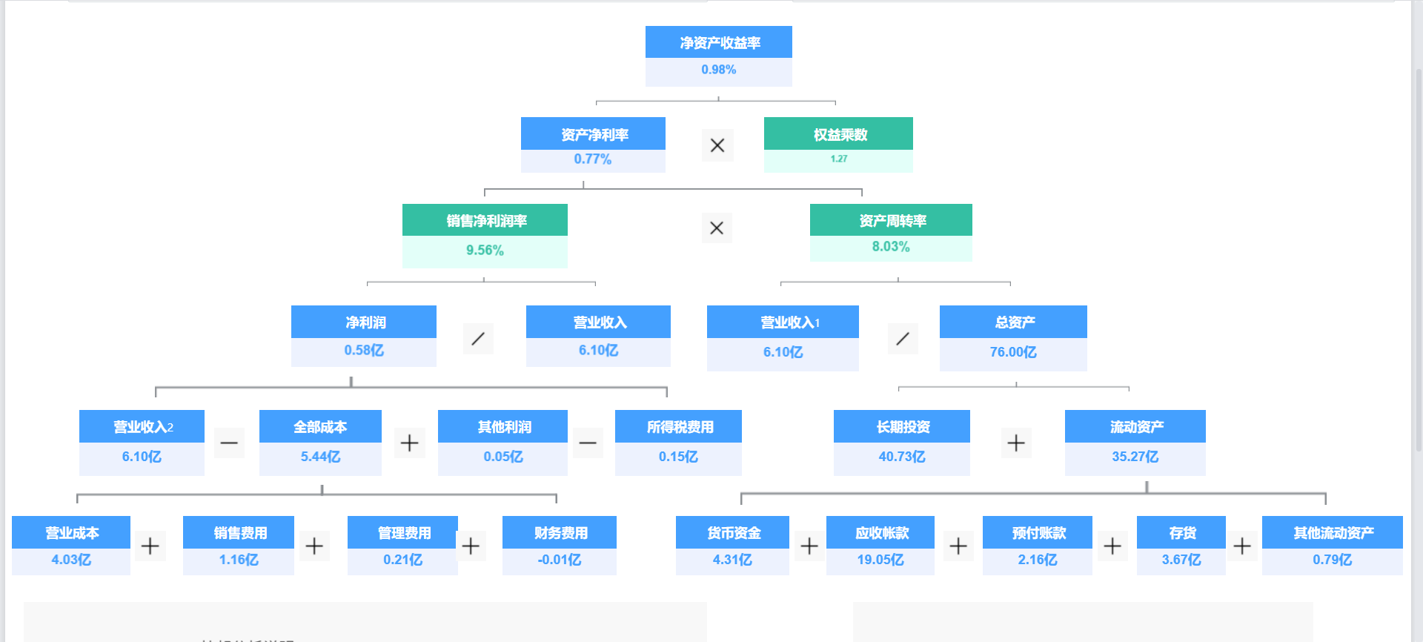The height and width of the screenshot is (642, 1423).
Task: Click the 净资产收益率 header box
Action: (x=719, y=42)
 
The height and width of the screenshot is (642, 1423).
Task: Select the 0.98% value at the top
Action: (x=719, y=70)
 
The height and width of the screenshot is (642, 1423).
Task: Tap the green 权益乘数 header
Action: (x=838, y=134)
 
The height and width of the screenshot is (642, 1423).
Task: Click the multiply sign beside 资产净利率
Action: (x=717, y=145)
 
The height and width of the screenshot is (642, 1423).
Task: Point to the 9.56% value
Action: (x=485, y=251)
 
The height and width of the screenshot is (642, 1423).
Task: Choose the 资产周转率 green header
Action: (x=891, y=220)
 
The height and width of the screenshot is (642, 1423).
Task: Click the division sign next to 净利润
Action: (x=478, y=339)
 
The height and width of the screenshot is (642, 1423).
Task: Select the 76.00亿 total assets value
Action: (x=1013, y=352)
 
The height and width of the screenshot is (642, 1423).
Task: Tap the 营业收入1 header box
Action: (x=783, y=322)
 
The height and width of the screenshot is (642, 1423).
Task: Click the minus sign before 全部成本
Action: (x=229, y=443)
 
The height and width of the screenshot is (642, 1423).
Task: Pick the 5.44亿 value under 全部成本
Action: (x=320, y=457)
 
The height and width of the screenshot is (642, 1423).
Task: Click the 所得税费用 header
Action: (x=678, y=426)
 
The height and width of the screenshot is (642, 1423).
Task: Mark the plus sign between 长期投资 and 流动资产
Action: (x=1016, y=443)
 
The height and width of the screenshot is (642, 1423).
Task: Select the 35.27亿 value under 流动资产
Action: (x=1135, y=457)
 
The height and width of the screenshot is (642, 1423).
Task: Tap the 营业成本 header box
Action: (x=71, y=532)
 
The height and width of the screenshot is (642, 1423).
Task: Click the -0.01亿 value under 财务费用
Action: (x=560, y=560)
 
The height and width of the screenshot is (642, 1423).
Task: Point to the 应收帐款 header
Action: (x=880, y=532)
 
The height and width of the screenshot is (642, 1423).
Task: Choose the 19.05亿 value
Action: (x=880, y=560)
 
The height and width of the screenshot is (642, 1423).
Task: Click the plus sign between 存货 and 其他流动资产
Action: (x=1242, y=546)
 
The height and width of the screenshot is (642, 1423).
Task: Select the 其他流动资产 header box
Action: (x=1333, y=532)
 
